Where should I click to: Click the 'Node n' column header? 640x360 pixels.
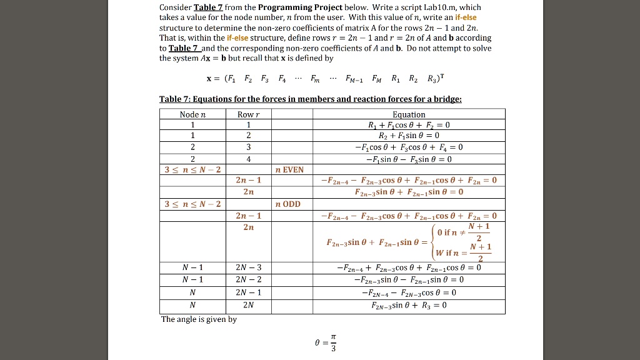pos(192,114)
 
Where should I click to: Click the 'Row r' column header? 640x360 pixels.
pos(248,114)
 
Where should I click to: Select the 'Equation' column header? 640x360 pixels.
pos(409,114)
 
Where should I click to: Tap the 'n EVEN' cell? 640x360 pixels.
pos(289,169)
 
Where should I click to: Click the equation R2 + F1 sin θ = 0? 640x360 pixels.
pos(409,135)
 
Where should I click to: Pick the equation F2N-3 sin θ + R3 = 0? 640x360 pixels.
pos(409,306)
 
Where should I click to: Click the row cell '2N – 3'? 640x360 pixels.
pos(248,267)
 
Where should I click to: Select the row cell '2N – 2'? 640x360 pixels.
pos(248,279)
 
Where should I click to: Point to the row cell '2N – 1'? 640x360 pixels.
pos(248,292)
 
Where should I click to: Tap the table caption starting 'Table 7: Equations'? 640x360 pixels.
pos(311,99)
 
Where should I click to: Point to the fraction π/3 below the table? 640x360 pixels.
pos(332,344)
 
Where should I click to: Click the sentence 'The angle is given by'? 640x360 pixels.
pos(199,319)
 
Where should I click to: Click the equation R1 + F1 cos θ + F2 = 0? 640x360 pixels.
pos(409,124)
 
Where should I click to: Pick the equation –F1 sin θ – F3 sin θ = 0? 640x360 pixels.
pos(409,158)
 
